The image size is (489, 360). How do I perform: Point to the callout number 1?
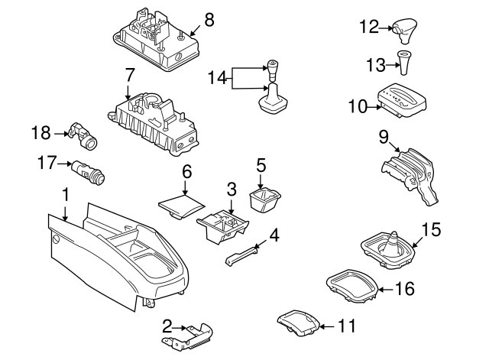coord(66,196)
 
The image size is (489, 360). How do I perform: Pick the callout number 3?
coord(231,188)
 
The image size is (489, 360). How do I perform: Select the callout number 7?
coord(128,75)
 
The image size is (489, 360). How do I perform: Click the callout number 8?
coord(209,18)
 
